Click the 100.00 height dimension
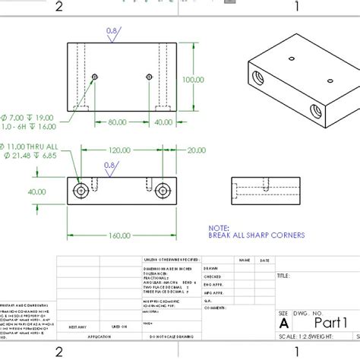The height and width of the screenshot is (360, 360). pyautogui.click(x=193, y=79)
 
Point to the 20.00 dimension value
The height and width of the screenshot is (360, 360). pyautogui.click(x=195, y=150)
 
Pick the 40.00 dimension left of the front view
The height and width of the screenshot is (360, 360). pyautogui.click(x=36, y=191)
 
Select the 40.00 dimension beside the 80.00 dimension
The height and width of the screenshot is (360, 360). pyautogui.click(x=163, y=122)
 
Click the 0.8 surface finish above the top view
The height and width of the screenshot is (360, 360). pyautogui.click(x=112, y=31)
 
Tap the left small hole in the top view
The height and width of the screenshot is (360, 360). pyautogui.click(x=95, y=77)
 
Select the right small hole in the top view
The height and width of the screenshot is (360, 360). pyautogui.click(x=149, y=77)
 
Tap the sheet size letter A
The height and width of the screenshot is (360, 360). pyautogui.click(x=283, y=321)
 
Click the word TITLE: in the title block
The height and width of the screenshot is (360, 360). pyautogui.click(x=284, y=276)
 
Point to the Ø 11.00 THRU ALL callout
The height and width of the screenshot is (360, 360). pyautogui.click(x=30, y=146)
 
